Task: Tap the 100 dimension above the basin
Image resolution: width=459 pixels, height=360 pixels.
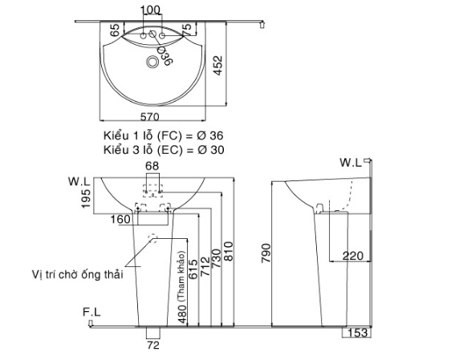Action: pyautogui.click(x=150, y=10)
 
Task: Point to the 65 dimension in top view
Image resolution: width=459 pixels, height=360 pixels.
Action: pyautogui.click(x=115, y=33)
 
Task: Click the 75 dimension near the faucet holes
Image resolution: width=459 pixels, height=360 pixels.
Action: pyautogui.click(x=186, y=30)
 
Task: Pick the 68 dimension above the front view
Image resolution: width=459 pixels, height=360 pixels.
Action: pyautogui.click(x=153, y=166)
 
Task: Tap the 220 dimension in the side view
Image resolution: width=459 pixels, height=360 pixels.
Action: pyautogui.click(x=352, y=256)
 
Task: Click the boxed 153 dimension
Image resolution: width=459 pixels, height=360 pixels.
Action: pyautogui.click(x=358, y=333)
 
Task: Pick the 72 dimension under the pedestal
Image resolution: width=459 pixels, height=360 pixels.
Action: pyautogui.click(x=153, y=346)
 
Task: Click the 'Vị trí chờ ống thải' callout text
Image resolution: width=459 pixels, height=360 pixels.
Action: pyautogui.click(x=72, y=275)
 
